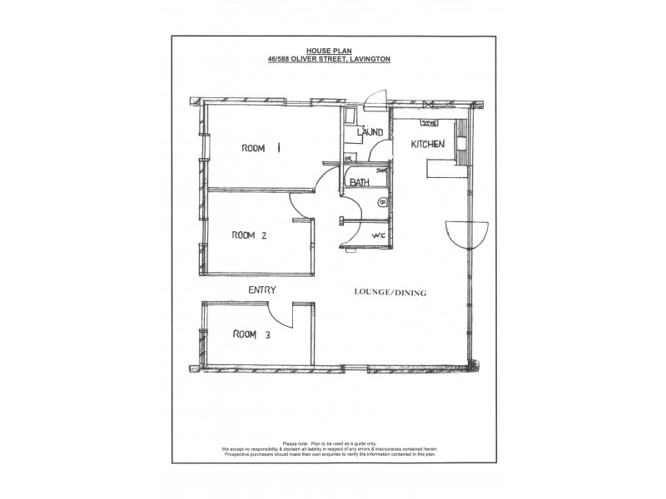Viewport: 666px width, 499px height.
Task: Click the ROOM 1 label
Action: pyautogui.click(x=261, y=148)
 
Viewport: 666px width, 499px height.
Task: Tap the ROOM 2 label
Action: pyautogui.click(x=249, y=235)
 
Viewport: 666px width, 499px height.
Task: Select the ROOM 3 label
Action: pyautogui.click(x=251, y=334)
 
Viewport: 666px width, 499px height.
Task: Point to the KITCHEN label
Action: pyautogui.click(x=428, y=144)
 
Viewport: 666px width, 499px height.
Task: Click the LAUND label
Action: pyautogui.click(x=370, y=133)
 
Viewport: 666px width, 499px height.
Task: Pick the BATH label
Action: pyautogui.click(x=360, y=182)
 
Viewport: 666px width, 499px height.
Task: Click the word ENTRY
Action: pyautogui.click(x=261, y=289)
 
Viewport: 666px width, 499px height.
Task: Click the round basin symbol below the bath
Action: pyautogui.click(x=384, y=202)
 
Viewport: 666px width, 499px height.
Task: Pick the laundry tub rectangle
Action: pyautogui.click(x=352, y=116)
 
